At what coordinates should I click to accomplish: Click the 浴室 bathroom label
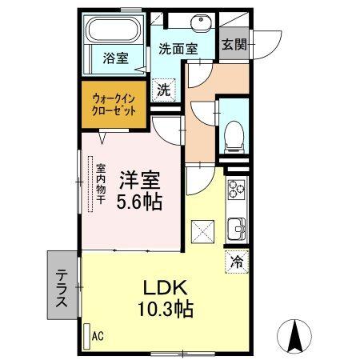[115, 58]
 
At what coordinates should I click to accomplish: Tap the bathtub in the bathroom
[114, 33]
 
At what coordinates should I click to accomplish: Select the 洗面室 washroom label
[176, 48]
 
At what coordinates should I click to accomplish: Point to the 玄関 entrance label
[234, 45]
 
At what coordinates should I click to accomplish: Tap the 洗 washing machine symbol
[163, 90]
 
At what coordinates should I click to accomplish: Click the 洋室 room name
[138, 178]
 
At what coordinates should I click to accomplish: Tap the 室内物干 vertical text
[102, 186]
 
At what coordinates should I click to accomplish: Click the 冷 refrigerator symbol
[237, 260]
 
